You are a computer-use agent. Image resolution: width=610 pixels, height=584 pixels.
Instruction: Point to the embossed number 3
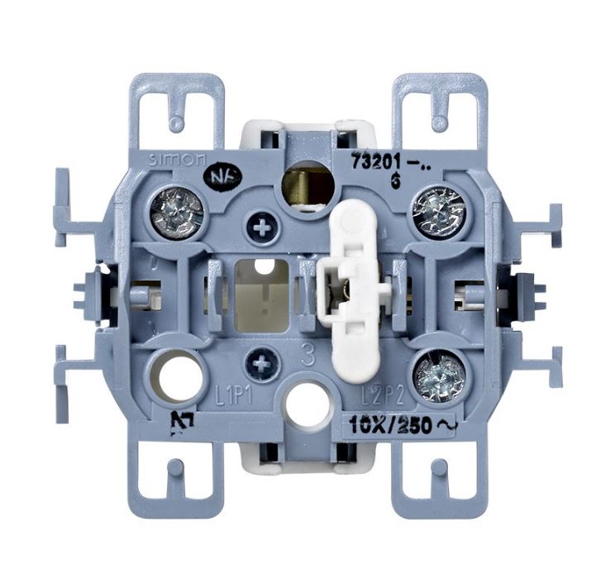[x=307, y=358]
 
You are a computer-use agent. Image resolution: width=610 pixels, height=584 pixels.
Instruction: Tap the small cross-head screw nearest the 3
[x=264, y=362]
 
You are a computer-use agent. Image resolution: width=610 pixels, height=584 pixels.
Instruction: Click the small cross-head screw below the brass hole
[x=264, y=228]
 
